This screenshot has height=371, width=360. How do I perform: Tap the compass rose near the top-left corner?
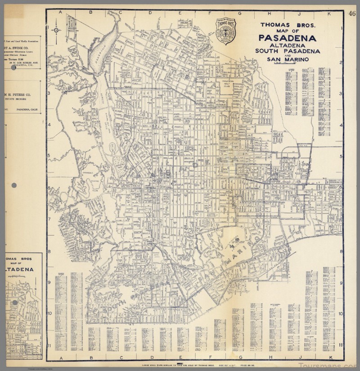[56, 30]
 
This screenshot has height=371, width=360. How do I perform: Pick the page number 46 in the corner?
[352, 13]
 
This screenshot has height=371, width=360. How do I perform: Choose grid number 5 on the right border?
[342, 156]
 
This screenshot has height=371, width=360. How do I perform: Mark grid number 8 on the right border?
[342, 252]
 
